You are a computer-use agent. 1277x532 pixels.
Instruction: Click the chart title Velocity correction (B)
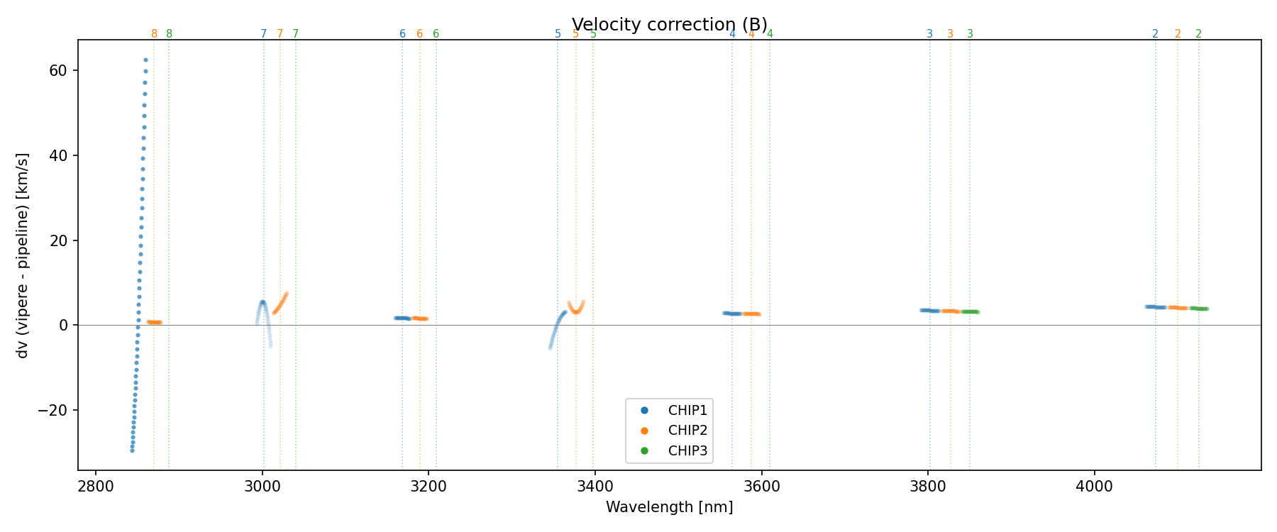(x=669, y=25)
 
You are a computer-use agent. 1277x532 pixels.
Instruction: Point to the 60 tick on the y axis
(x=59, y=71)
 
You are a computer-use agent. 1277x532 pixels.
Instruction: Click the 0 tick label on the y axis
(x=64, y=326)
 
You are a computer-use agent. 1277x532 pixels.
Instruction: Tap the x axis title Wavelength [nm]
(x=669, y=507)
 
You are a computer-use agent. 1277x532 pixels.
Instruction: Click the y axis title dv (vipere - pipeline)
(x=23, y=255)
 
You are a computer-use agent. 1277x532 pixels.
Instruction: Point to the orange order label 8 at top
(x=154, y=34)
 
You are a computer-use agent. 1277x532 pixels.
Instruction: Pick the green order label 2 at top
(x=1198, y=34)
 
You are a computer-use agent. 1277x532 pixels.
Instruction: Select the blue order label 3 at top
(x=929, y=34)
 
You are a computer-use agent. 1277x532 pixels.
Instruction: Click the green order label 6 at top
(x=436, y=34)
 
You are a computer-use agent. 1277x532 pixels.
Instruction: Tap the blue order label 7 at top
(x=263, y=34)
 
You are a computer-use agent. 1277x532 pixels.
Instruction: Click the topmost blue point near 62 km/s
(x=145, y=60)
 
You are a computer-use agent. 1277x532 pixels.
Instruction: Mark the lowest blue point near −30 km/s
(x=132, y=450)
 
